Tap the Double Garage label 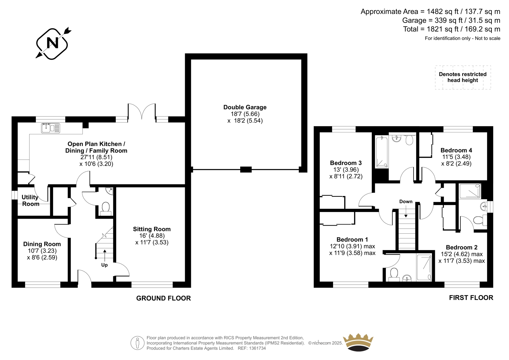(245, 107)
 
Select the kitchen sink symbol (51, 128)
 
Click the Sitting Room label (152, 229)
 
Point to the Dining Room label (42, 244)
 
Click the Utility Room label (31, 200)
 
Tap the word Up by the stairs (104, 265)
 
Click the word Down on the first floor (406, 201)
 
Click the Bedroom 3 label (346, 163)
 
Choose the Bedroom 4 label (456, 150)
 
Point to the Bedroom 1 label (352, 239)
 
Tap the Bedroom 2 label (462, 247)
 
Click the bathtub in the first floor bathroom (381, 152)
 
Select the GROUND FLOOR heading (164, 298)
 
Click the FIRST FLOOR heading (471, 298)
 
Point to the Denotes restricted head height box (463, 77)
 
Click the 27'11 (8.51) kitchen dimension (96, 157)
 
